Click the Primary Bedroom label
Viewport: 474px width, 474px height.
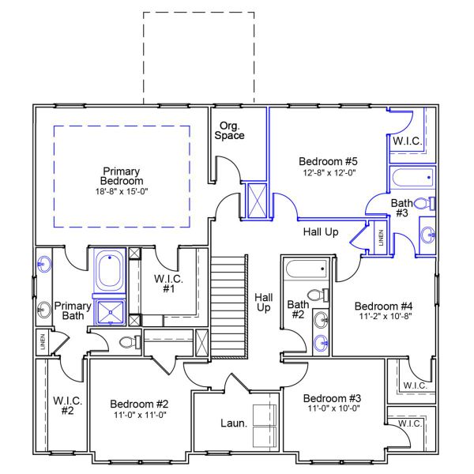[122, 175]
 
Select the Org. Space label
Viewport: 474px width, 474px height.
[231, 130]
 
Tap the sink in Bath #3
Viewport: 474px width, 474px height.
[427, 234]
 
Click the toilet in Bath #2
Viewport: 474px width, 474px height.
[316, 295]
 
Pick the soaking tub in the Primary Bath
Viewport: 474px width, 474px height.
[109, 271]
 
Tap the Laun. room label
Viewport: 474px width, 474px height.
[234, 423]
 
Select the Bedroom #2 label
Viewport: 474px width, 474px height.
[139, 404]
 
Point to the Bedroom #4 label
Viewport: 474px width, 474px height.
[383, 307]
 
